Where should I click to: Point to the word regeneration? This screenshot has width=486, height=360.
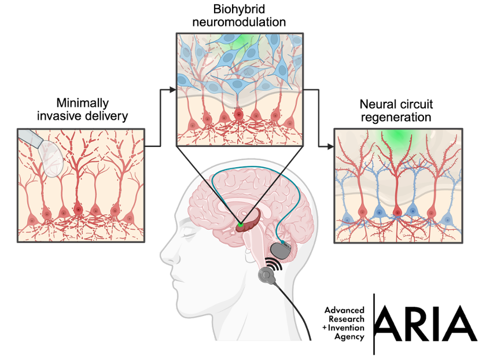pyautogui.click(x=396, y=117)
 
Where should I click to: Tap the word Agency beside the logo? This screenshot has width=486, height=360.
pyautogui.click(x=349, y=336)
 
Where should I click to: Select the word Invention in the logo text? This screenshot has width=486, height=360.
pyautogui.click(x=347, y=328)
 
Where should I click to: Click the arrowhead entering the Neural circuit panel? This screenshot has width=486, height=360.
pyautogui.click(x=331, y=146)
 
